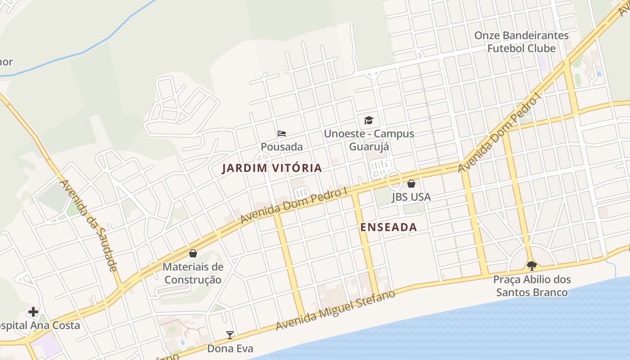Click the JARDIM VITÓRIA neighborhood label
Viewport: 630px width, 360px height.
(x=272, y=168)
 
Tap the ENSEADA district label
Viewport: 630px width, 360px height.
(x=389, y=227)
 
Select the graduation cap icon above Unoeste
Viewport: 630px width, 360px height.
(x=369, y=120)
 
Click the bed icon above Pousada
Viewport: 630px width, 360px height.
(x=282, y=134)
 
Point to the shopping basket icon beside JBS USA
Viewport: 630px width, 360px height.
(x=411, y=184)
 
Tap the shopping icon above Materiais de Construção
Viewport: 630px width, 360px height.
(x=193, y=253)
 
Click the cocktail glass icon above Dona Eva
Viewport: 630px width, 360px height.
(x=230, y=335)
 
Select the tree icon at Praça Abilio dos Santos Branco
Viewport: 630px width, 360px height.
(x=531, y=265)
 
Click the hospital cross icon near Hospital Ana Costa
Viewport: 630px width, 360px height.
(x=33, y=311)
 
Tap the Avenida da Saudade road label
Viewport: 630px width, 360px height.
(x=89, y=225)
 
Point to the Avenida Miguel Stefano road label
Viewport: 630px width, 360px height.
(x=336, y=310)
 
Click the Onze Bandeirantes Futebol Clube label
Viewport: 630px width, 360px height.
(x=522, y=42)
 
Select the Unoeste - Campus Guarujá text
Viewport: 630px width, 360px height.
(x=369, y=140)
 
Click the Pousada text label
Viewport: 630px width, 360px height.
(x=282, y=147)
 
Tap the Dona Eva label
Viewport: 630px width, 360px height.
(x=230, y=348)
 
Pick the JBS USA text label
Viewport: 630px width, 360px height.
(x=411, y=197)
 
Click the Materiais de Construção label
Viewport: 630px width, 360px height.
(x=193, y=273)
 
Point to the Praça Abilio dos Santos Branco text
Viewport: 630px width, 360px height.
(x=532, y=286)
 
